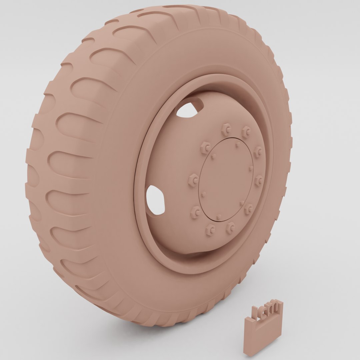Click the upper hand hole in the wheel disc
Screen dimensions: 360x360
pos(189,110)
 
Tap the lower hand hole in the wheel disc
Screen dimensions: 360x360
pos(155,200)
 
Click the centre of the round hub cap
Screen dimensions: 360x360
pos(226,179)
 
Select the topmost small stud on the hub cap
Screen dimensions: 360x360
pos(237,144)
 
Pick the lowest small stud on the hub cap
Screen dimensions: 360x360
pos(218,217)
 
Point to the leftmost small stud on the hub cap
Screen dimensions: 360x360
pos(203,194)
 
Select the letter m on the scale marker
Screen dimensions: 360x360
pos(275,306)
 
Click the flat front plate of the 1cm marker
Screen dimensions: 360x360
pos(262,335)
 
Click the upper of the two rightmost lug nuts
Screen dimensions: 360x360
pos(258,152)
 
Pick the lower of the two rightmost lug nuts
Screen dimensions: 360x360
pos(259,180)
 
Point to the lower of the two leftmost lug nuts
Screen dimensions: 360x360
pos(194,180)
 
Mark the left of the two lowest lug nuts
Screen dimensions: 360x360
pos(210,229)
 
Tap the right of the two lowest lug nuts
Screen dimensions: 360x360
pos(230,228)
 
